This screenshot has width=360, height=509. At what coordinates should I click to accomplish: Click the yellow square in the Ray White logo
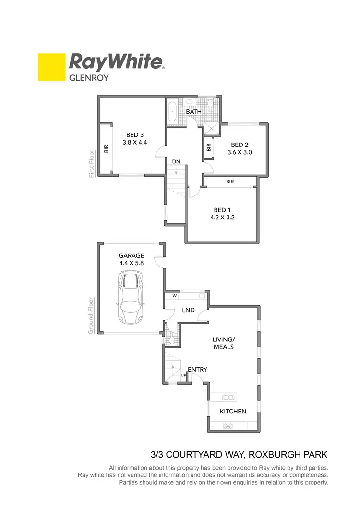(x=51, y=67)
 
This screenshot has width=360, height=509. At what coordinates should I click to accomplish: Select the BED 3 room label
(x=135, y=135)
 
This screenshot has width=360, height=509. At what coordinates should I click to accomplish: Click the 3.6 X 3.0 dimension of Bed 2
(x=240, y=152)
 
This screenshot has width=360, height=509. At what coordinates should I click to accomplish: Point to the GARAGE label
(x=131, y=256)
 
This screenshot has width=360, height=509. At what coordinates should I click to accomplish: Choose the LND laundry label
(x=188, y=310)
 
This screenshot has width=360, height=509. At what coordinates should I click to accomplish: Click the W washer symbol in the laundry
(x=168, y=296)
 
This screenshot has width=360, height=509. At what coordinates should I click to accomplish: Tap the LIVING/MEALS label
(x=223, y=343)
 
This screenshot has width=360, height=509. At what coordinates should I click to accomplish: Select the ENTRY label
(x=197, y=369)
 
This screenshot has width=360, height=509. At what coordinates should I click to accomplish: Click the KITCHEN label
(x=233, y=412)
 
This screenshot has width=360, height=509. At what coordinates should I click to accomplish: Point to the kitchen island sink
(x=228, y=397)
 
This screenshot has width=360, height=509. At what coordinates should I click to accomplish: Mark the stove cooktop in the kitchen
(x=228, y=425)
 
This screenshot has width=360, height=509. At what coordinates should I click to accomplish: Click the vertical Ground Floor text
(x=91, y=316)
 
